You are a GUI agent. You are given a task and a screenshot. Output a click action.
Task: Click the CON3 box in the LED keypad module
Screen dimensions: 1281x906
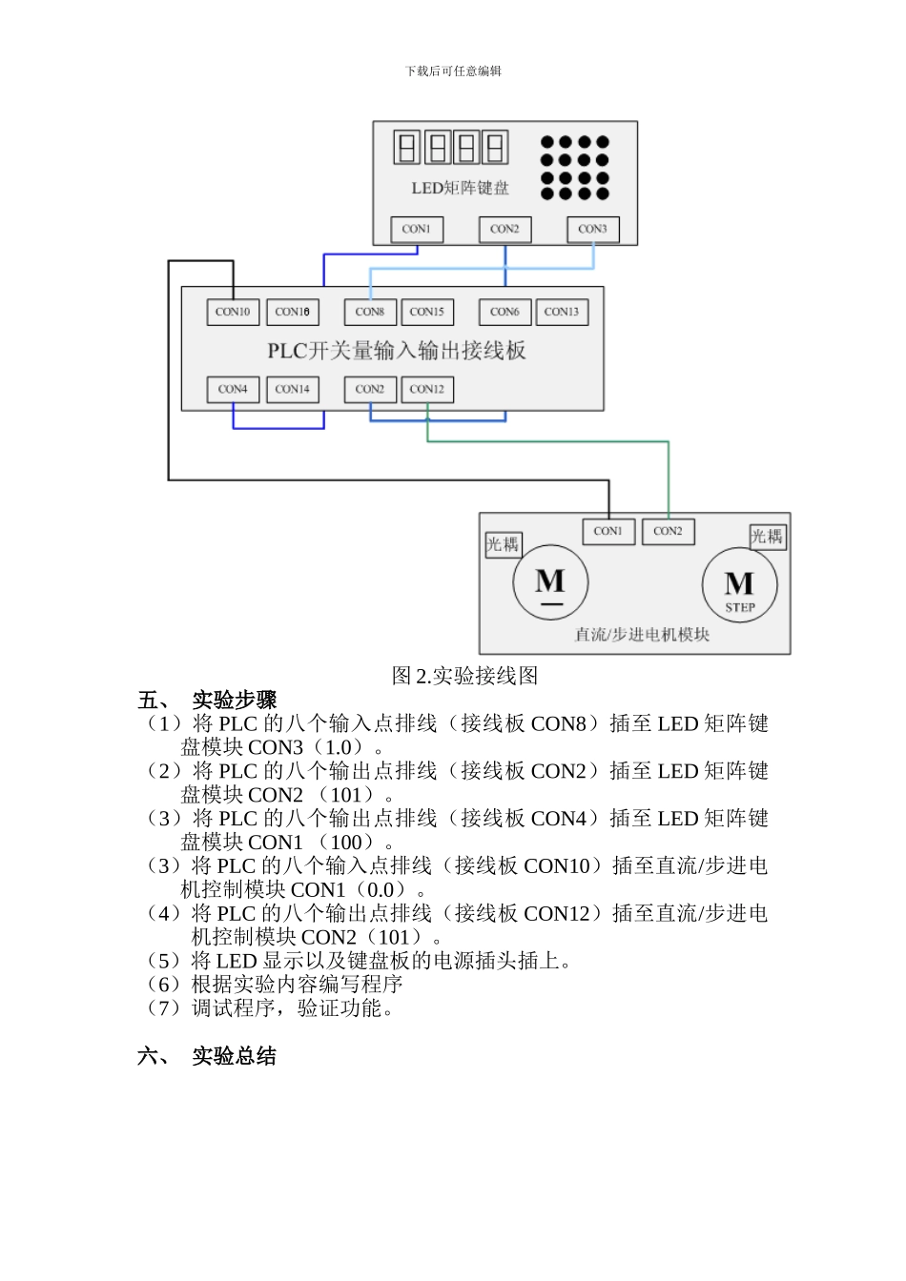[x=592, y=230]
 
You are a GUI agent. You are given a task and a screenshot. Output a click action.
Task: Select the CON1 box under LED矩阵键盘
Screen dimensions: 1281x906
[x=417, y=230]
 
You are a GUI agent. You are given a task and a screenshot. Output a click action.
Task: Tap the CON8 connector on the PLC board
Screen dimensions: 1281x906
[x=370, y=312]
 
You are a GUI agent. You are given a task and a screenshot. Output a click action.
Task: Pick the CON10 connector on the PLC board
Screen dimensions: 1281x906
[x=233, y=312]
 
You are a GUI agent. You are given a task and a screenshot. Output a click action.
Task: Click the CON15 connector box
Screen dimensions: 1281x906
[x=427, y=312]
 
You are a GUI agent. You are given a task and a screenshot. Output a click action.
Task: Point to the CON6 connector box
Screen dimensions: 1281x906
[x=504, y=312]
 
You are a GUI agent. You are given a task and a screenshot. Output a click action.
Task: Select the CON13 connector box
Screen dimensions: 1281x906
[x=562, y=312]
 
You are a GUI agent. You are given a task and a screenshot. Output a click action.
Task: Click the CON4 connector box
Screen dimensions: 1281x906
[x=233, y=389]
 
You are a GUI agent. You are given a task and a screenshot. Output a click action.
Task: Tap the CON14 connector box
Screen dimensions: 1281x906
[x=292, y=389]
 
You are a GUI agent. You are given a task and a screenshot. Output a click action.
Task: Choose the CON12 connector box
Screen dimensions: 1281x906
[x=427, y=389]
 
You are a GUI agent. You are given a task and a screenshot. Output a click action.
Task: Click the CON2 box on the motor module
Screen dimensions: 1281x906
[x=668, y=531]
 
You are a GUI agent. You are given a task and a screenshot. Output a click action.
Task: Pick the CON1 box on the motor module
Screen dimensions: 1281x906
[x=607, y=531]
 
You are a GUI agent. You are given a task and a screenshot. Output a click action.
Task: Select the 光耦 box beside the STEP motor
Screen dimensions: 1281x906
[x=767, y=537]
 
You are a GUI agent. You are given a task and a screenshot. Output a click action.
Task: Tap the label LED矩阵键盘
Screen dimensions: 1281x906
[x=460, y=189]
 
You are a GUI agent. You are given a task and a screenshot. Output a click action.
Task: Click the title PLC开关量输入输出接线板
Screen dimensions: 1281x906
[x=396, y=351]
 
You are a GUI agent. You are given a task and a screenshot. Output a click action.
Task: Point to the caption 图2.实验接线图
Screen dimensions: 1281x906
[x=464, y=676]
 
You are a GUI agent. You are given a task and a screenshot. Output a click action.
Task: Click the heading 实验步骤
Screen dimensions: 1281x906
[x=234, y=701]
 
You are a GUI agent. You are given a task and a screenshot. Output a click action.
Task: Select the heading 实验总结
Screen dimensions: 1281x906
[x=234, y=1056]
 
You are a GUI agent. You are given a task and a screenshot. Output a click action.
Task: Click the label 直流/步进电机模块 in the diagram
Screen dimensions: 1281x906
[x=642, y=635]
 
